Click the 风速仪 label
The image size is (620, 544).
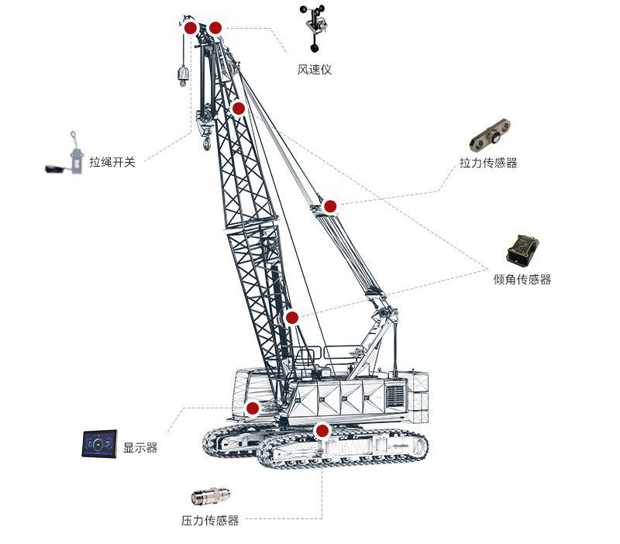(315, 70)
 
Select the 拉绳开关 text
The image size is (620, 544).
(112, 162)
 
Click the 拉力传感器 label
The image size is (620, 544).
(488, 163)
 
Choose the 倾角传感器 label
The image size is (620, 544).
(522, 279)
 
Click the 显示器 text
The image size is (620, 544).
(140, 448)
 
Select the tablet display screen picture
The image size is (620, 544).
(100, 443)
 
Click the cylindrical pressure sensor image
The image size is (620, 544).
(210, 496)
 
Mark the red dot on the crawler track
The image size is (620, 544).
(322, 430)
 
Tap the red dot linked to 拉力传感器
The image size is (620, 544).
(330, 206)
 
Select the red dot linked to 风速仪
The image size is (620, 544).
(215, 28)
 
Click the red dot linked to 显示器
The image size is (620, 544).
(252, 408)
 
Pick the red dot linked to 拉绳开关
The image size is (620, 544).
(190, 28)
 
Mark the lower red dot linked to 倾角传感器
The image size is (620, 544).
(292, 317)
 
